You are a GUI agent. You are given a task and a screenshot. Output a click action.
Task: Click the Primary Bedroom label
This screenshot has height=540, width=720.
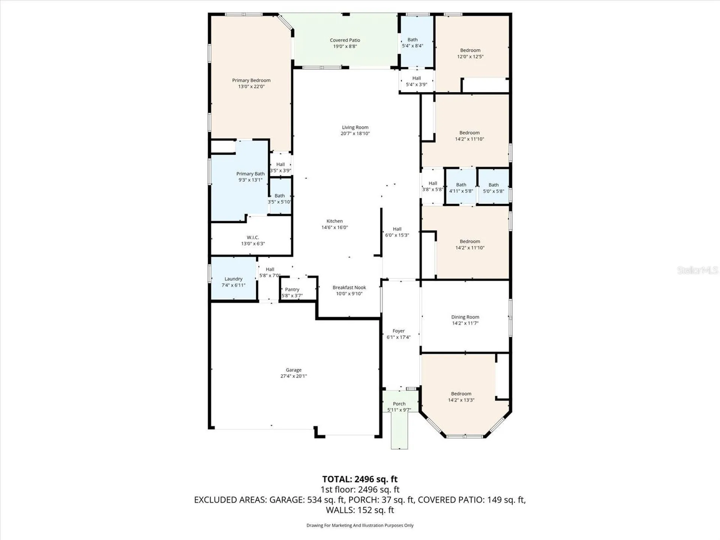click(251, 80)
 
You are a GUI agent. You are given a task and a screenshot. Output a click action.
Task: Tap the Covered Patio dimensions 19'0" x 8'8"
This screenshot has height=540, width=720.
click(345, 46)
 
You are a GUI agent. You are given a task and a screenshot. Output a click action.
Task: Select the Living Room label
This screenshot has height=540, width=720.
click(355, 127)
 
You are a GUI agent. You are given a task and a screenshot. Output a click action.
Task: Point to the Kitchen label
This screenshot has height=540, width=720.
click(334, 221)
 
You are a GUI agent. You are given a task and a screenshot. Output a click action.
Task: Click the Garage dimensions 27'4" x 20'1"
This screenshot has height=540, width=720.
click(294, 376)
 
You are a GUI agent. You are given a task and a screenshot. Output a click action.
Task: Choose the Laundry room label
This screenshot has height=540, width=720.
click(234, 279)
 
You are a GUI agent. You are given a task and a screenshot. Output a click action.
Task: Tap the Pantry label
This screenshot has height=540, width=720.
click(292, 289)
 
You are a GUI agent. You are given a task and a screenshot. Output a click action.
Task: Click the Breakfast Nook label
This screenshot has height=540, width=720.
click(349, 288)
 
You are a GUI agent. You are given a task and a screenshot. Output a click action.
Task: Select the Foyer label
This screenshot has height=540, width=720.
click(399, 331)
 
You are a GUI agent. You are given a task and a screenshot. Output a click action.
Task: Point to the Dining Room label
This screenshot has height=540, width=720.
click(465, 317)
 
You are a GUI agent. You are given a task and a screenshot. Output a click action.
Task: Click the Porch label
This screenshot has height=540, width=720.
click(399, 404)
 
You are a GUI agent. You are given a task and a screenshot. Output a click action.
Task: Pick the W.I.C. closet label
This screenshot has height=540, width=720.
click(253, 238)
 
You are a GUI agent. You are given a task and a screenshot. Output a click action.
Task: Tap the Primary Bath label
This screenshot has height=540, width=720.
click(250, 174)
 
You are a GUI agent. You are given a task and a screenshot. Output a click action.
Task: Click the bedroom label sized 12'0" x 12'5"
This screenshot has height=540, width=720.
click(470, 51)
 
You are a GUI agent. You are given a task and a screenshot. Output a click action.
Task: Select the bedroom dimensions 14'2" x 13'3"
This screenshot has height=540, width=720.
click(461, 400)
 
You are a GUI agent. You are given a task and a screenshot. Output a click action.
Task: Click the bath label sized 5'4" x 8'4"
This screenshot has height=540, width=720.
click(412, 40)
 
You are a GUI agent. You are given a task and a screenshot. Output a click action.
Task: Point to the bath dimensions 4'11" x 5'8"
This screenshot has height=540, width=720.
click(461, 191)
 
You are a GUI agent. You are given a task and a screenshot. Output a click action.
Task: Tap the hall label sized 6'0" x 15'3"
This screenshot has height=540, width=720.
click(397, 229)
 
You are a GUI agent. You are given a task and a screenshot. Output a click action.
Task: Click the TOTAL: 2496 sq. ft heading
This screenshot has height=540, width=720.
click(360, 479)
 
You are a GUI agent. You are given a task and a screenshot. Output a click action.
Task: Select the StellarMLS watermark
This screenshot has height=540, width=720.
click(697, 270)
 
